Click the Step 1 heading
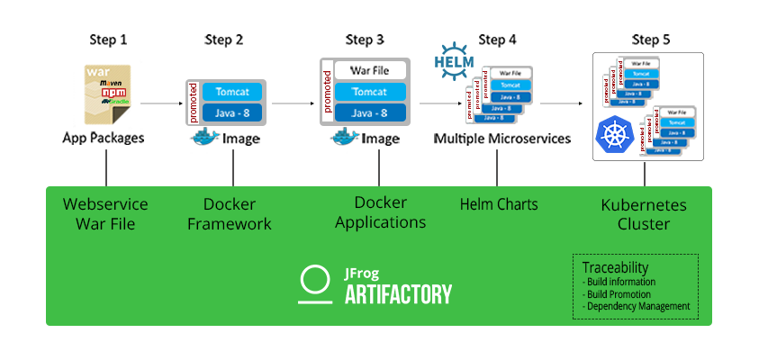[x=108, y=40]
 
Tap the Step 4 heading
[x=498, y=40]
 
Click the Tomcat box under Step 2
[x=232, y=92]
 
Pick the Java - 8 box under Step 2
[x=232, y=112]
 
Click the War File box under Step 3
[x=370, y=70]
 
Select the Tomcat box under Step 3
[x=370, y=92]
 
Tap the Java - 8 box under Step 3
[x=370, y=112]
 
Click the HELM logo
[x=453, y=59]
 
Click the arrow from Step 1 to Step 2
[x=163, y=104]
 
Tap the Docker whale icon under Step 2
[x=205, y=138]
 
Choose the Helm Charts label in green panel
[x=498, y=204]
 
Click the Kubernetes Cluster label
[x=643, y=214]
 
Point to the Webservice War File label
[x=105, y=214]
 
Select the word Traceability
[x=614, y=268]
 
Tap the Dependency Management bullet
[x=637, y=306]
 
